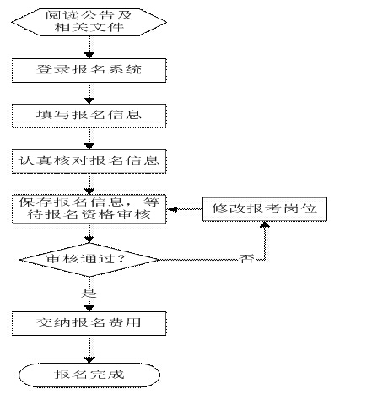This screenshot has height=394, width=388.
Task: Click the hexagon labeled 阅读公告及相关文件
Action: tap(89, 22)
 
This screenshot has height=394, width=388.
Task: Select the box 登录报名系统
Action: tap(89, 70)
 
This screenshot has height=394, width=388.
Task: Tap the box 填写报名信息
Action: tap(89, 116)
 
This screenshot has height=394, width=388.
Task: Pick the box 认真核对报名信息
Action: tap(89, 161)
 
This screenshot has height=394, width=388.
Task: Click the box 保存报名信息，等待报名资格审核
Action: tap(89, 209)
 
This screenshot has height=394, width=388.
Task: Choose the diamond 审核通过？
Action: tap(89, 260)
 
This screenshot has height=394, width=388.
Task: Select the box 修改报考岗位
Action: tap(265, 209)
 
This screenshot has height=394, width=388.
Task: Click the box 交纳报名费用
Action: tap(89, 323)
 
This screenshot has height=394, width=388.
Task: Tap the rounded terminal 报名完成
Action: tap(89, 375)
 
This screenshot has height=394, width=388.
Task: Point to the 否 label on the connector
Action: tap(246, 259)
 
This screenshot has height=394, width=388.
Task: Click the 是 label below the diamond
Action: tap(89, 293)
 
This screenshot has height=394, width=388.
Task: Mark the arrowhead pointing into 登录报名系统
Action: tap(89, 55)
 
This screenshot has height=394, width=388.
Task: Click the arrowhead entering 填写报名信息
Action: tap(89, 100)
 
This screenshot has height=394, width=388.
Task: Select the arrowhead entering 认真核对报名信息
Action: tap(89, 146)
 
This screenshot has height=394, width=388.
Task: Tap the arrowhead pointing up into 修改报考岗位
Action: tap(265, 224)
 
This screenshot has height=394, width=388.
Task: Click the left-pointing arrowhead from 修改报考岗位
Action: tap(170, 209)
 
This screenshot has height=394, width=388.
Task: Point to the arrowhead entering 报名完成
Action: tap(89, 360)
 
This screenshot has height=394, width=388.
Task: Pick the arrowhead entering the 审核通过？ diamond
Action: tap(89, 240)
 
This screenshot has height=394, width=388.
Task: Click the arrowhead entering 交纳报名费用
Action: tap(89, 308)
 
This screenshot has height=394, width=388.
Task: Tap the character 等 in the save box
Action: tap(152, 202)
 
